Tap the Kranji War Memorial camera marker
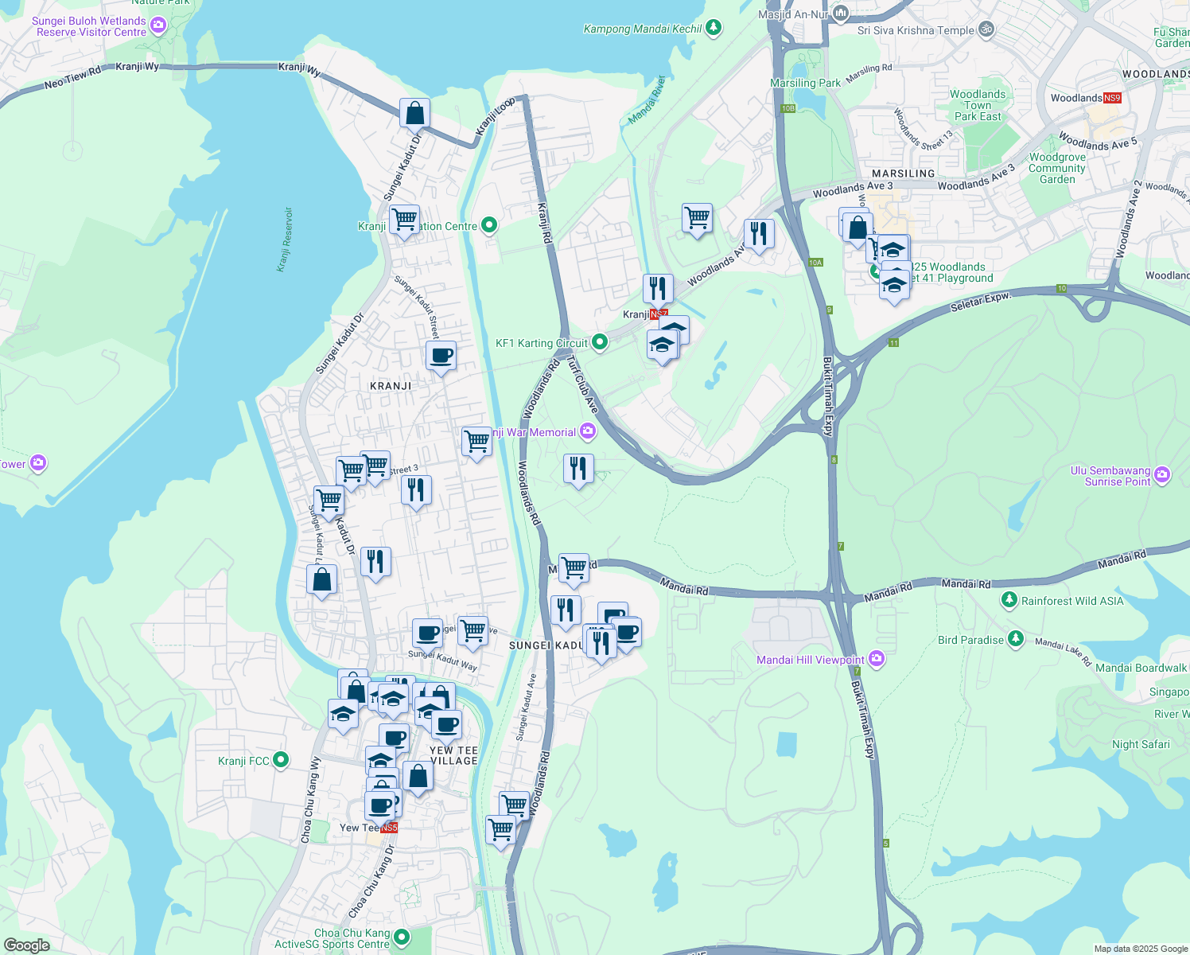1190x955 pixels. [588, 432]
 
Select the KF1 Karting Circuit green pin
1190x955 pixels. [600, 343]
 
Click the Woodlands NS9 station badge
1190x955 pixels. [1111, 98]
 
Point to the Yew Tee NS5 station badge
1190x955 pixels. [388, 828]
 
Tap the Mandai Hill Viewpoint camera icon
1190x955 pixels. [876, 659]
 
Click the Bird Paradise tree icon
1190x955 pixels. [1015, 639]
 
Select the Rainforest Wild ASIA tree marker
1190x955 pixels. [1009, 600]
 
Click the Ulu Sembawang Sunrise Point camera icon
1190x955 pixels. [1162, 475]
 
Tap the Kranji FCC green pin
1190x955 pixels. [281, 761]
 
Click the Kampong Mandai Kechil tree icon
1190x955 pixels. [714, 29]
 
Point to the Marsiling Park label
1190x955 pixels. [805, 83]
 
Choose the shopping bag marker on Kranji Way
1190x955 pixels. [414, 114]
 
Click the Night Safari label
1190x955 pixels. [1141, 744]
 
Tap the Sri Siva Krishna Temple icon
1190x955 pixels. [986, 30]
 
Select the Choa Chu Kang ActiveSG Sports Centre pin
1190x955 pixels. [402, 938]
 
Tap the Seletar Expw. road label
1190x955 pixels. [980, 302]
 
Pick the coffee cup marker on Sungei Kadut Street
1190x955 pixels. [441, 356]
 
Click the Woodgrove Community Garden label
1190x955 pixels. [1057, 168]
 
